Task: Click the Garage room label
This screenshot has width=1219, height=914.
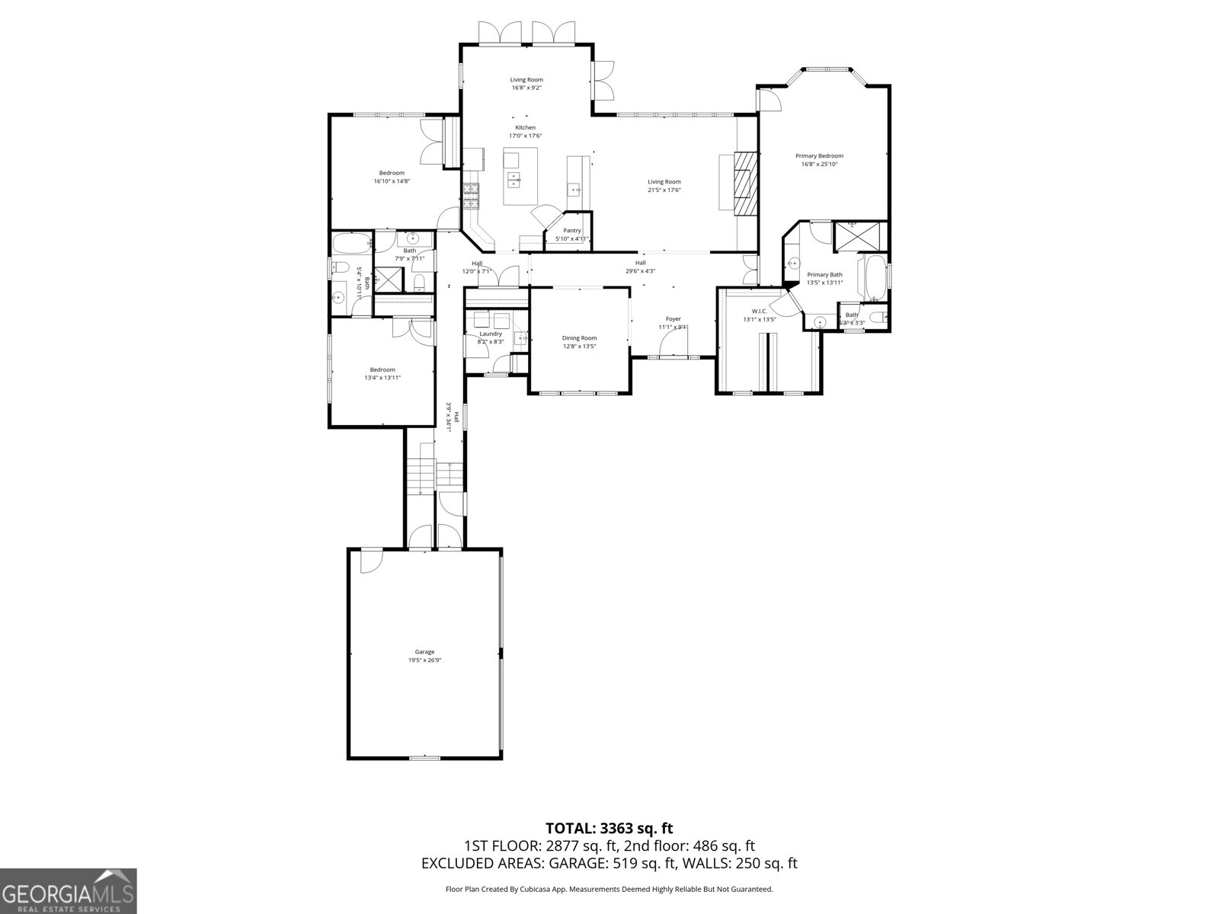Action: pyautogui.click(x=424, y=652)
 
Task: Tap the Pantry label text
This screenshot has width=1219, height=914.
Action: pyautogui.click(x=572, y=231)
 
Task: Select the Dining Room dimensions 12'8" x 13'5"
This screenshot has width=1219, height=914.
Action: pyautogui.click(x=580, y=347)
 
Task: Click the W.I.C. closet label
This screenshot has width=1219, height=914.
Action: pyautogui.click(x=759, y=311)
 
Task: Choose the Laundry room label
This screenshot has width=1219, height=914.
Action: pyautogui.click(x=491, y=334)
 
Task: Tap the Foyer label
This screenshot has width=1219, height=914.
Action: pyautogui.click(x=673, y=319)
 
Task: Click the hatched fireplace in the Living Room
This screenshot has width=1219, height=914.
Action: pyautogui.click(x=747, y=184)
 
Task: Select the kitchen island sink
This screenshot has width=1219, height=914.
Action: pyautogui.click(x=515, y=180)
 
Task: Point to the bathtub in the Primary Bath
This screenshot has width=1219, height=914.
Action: pyautogui.click(x=872, y=277)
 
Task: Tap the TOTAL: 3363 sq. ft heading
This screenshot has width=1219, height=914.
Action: pyautogui.click(x=609, y=828)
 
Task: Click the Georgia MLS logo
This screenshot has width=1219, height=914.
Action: pyautogui.click(x=68, y=890)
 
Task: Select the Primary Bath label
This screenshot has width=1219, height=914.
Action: pyautogui.click(x=824, y=275)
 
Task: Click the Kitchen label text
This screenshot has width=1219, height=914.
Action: pyautogui.click(x=525, y=127)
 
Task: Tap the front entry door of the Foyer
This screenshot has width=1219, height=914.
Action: pyautogui.click(x=673, y=356)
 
